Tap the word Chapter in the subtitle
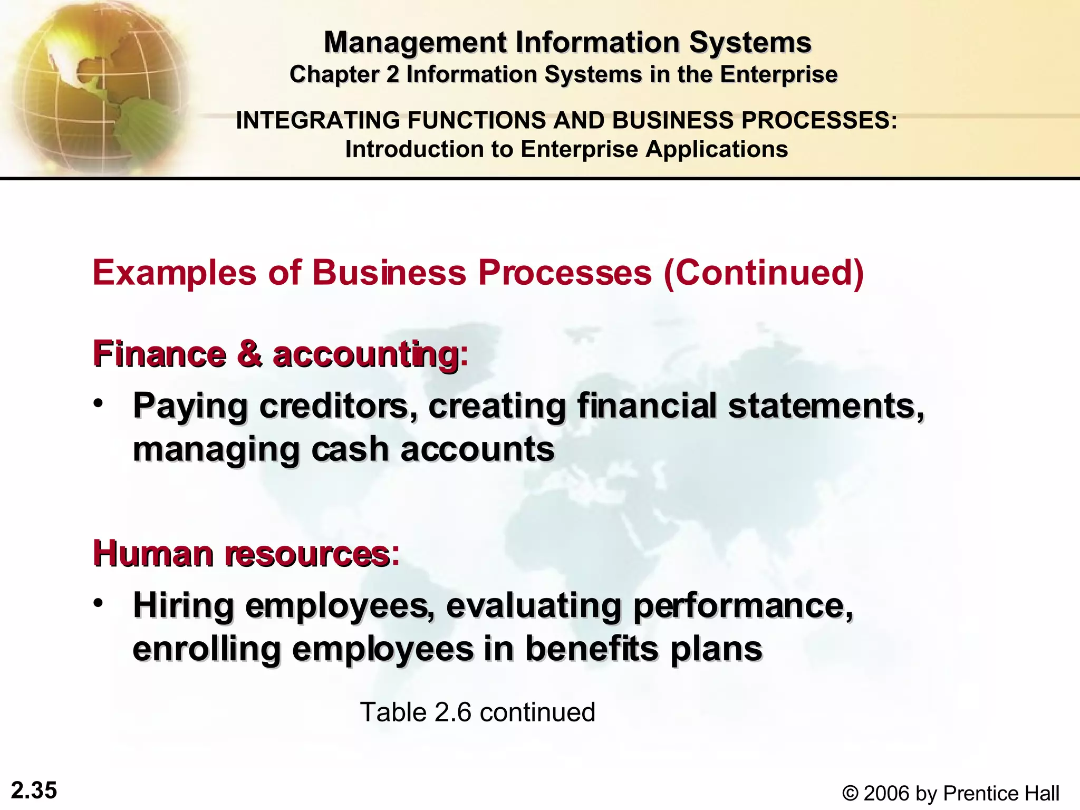coord(334,74)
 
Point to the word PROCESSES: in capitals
coord(819,120)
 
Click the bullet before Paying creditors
coord(98,403)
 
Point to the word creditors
coord(339,406)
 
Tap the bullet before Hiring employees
coord(98,603)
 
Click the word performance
coord(742,606)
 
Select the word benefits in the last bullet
coord(592,649)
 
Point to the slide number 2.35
coord(34,790)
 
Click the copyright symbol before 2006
coord(850,793)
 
